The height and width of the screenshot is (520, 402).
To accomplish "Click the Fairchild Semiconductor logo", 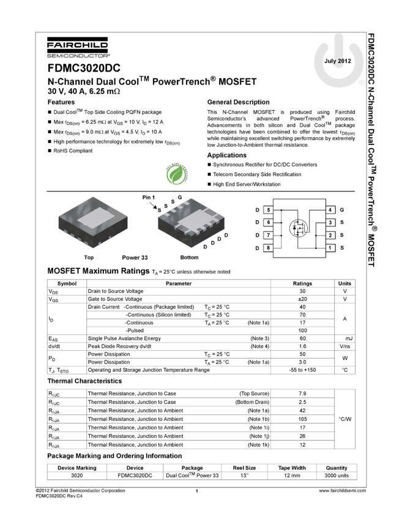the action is click(x=78, y=48).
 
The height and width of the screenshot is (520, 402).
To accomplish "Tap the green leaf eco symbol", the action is click(x=177, y=174).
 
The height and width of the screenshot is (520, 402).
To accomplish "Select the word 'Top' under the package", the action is click(x=89, y=258).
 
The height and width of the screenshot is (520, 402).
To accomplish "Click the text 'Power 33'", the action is click(x=135, y=258).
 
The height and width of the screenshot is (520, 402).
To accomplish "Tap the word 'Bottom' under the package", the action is click(x=189, y=258).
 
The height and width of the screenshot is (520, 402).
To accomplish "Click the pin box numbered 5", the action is click(x=268, y=210).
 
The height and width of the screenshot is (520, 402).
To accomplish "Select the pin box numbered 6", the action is click(x=268, y=223).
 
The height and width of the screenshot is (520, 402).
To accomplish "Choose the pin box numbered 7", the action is click(x=268, y=235).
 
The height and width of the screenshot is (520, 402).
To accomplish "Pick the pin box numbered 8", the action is click(x=268, y=248).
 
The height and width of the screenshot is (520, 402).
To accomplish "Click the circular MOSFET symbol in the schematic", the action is click(x=298, y=229).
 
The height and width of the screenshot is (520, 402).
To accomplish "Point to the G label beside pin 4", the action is click(x=342, y=210).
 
